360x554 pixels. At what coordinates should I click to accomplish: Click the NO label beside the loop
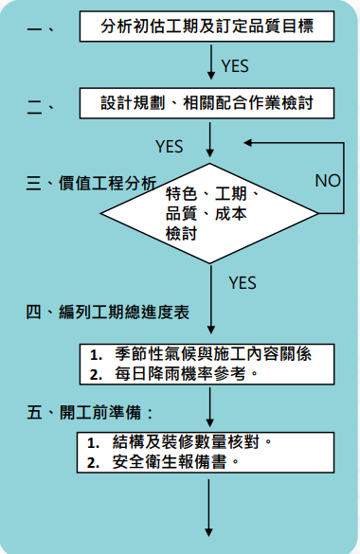[x=328, y=180]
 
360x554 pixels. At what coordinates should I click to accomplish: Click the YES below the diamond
[x=243, y=281]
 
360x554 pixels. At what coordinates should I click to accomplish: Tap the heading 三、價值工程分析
[x=91, y=184]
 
